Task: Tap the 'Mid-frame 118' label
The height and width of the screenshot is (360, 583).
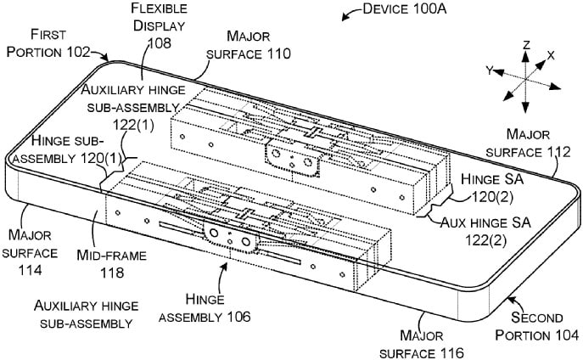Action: (111, 264)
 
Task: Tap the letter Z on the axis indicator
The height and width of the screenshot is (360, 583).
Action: (525, 43)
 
